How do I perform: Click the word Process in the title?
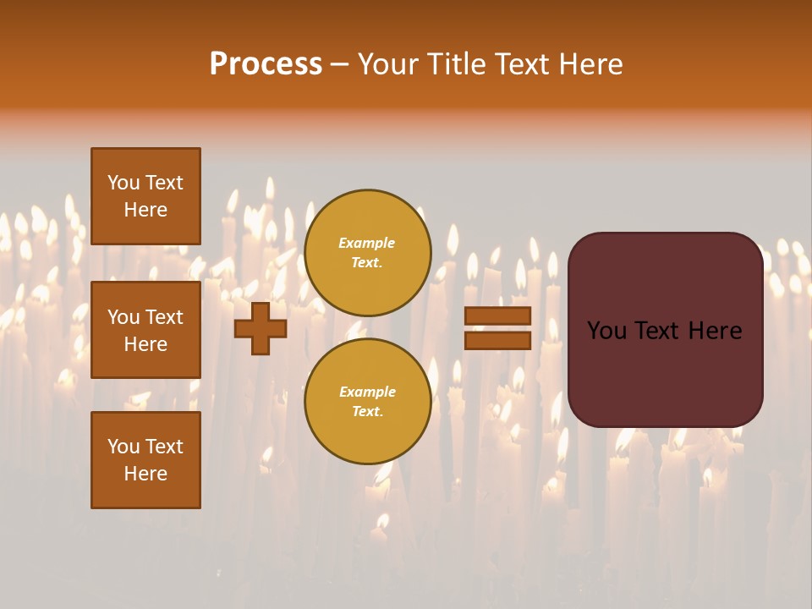pos(266,64)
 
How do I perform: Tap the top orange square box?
pos(145,196)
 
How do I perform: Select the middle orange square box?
pos(145,330)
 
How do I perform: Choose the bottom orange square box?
pos(145,460)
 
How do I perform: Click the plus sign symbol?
pos(261,328)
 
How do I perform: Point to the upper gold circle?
pos(368,253)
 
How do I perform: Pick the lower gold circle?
pos(368,402)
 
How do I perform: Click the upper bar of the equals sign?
pos(497,315)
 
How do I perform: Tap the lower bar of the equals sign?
pos(497,340)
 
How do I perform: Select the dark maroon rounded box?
pos(666,330)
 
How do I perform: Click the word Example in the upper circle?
pos(366,243)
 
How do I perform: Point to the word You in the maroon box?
pos(606,331)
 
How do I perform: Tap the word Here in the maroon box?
pos(716,331)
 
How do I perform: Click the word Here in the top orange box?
pos(145,210)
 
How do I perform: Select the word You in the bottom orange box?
pos(123,447)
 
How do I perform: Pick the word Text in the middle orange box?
pos(164,317)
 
